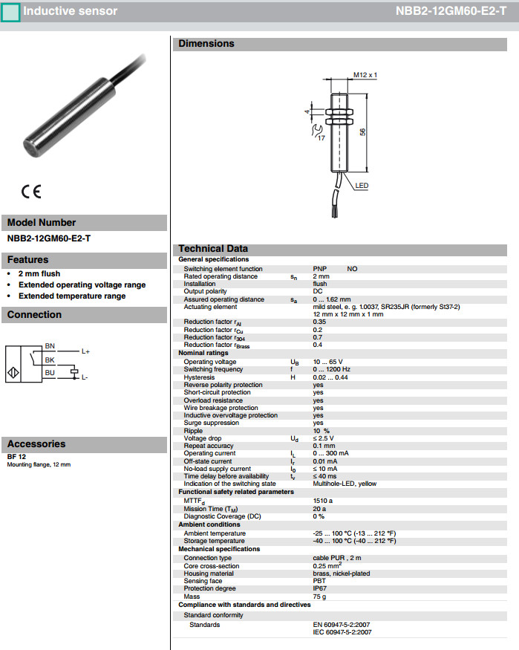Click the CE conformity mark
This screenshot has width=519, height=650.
click(31, 191)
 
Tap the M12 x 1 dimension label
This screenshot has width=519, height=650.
click(365, 75)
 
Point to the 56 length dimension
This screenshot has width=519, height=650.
click(363, 131)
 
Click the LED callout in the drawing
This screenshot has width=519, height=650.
click(362, 186)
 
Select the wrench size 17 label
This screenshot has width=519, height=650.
click(320, 137)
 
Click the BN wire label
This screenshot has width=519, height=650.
click(50, 346)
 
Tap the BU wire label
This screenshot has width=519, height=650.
click(50, 372)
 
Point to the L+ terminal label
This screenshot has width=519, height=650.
click(85, 351)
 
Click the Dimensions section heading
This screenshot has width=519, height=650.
click(206, 44)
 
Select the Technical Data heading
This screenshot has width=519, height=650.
click(213, 249)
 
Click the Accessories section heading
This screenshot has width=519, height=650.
click(36, 444)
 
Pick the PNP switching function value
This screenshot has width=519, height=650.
click(320, 269)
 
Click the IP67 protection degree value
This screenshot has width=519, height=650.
click(320, 588)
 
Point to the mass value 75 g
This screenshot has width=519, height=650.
click(319, 596)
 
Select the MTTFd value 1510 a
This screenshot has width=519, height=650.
click(323, 501)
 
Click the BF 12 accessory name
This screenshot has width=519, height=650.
click(16, 457)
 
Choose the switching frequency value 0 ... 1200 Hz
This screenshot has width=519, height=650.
click(331, 369)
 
